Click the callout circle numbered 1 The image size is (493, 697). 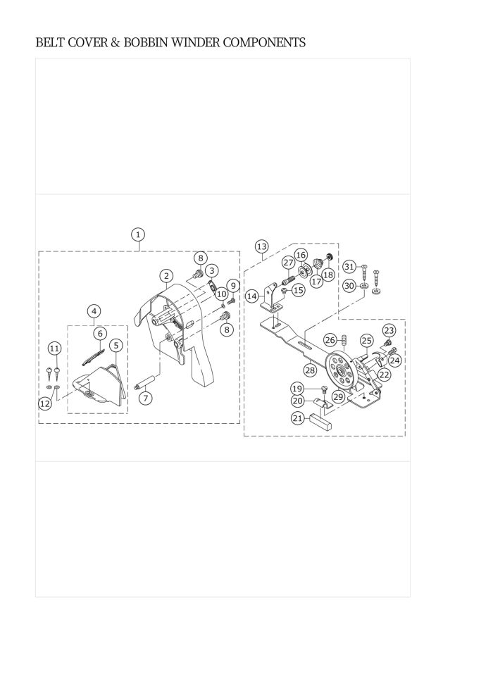click(138, 234)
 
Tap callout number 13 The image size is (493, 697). click(262, 246)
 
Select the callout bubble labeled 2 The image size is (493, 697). click(166, 276)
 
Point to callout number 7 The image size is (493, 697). click(145, 398)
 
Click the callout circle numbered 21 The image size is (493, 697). click(298, 417)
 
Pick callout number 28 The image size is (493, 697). click(311, 369)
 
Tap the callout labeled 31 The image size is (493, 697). click(350, 267)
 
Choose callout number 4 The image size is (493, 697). click(94, 311)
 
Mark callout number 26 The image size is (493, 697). click(330, 341)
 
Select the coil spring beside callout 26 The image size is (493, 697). click(343, 341)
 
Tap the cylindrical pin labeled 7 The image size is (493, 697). click(146, 382)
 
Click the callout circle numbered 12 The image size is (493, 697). click(45, 403)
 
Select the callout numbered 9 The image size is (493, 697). click(233, 285)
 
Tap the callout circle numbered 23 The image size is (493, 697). click(389, 330)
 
